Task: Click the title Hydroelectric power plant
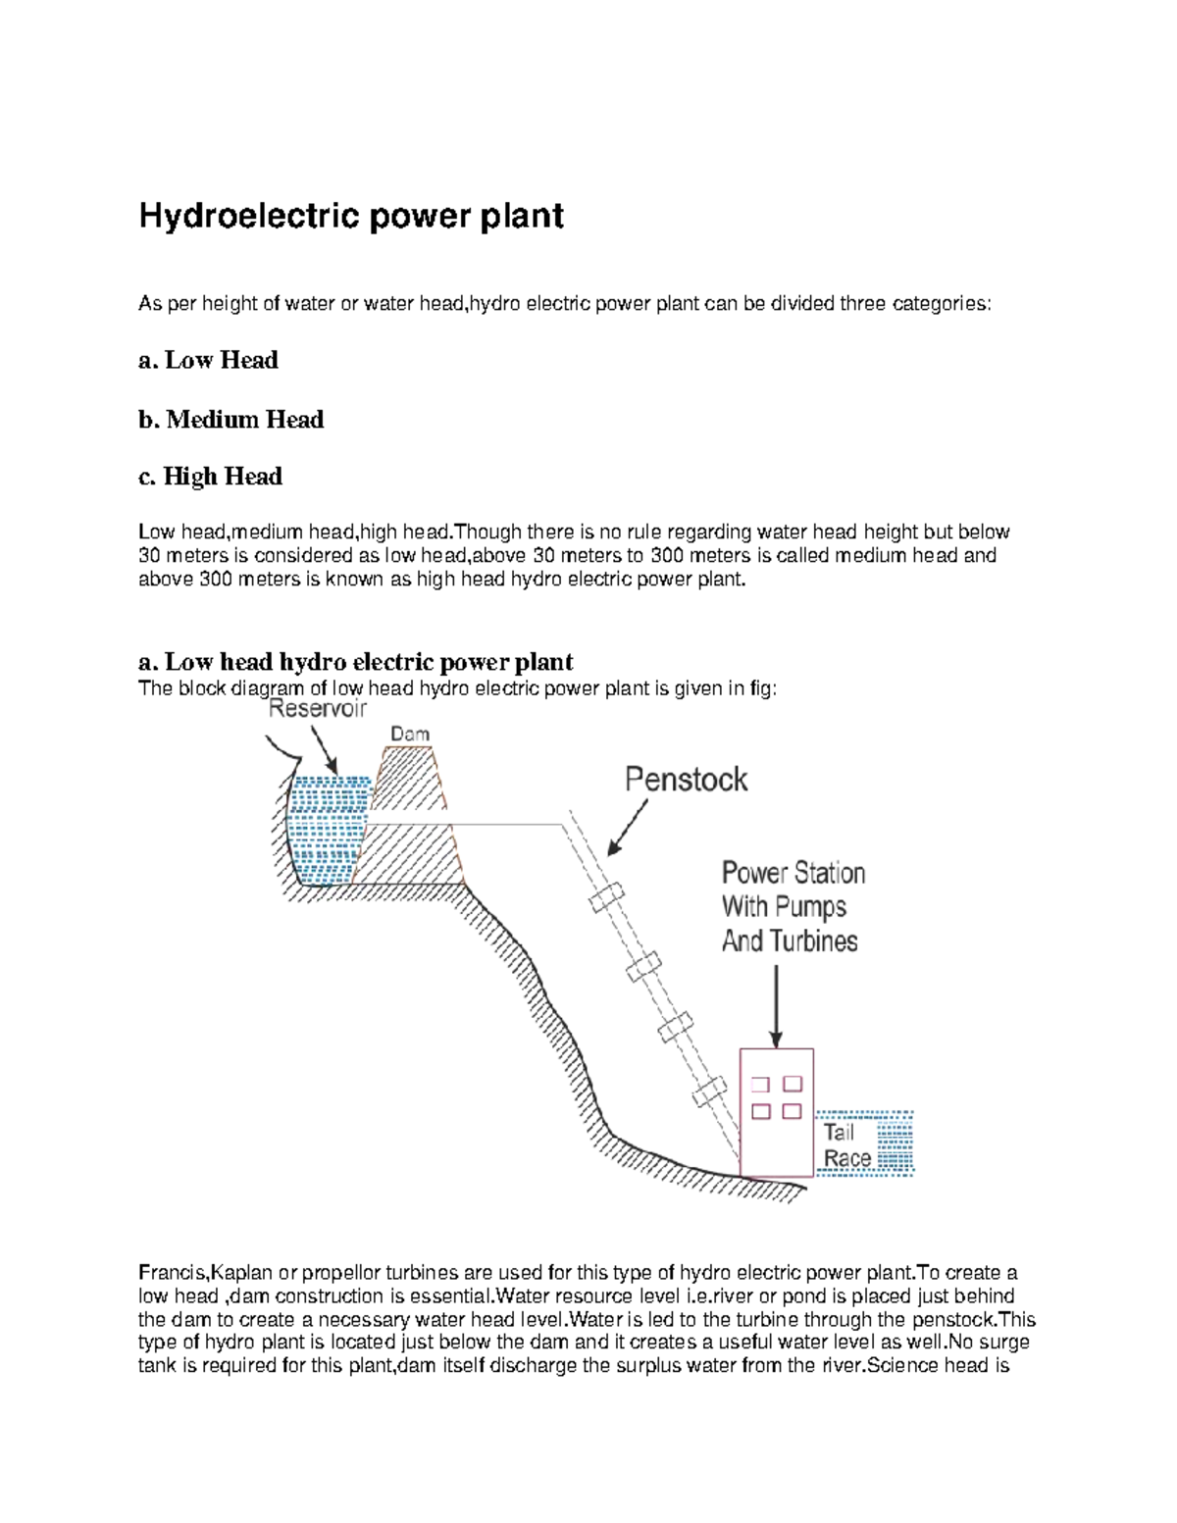(350, 216)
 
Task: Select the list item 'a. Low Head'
(208, 360)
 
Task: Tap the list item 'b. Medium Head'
(230, 420)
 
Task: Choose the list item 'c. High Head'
(210, 477)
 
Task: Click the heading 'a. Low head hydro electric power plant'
(355, 662)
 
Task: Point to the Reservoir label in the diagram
(317, 709)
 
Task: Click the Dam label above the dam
(410, 734)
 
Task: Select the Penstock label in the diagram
(686, 780)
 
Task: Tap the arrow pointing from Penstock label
(628, 828)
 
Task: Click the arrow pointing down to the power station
(776, 1006)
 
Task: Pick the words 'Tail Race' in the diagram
(846, 1145)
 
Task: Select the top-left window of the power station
(760, 1085)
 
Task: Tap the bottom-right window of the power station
(793, 1111)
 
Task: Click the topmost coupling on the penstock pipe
(606, 897)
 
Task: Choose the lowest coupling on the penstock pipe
(708, 1091)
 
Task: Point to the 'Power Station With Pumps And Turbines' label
(793, 907)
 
